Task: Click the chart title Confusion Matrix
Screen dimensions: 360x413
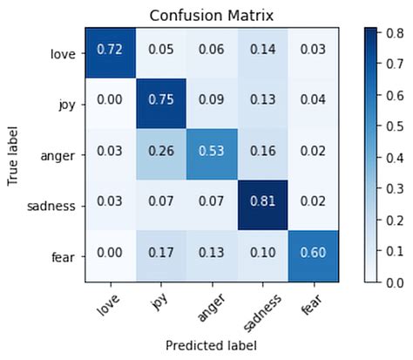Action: [210, 16]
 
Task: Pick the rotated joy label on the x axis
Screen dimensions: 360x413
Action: [159, 299]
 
